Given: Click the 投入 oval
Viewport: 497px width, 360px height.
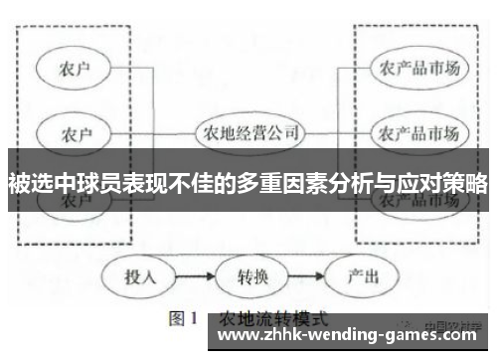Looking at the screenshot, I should (140, 275).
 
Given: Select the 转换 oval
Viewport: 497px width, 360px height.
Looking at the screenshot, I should (248, 275).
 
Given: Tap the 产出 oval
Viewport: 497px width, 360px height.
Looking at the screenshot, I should (357, 275).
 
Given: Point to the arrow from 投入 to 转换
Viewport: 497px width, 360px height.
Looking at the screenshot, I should (194, 275).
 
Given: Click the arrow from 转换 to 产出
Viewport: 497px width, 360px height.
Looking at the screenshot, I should (302, 275).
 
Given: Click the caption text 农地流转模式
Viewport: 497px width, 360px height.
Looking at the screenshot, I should (262, 319).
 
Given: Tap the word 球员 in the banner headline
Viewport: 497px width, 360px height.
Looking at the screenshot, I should (98, 184).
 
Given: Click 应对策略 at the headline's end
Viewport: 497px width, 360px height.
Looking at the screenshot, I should (441, 184).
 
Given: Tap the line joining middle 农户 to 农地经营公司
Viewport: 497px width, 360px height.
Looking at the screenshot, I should (149, 131).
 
